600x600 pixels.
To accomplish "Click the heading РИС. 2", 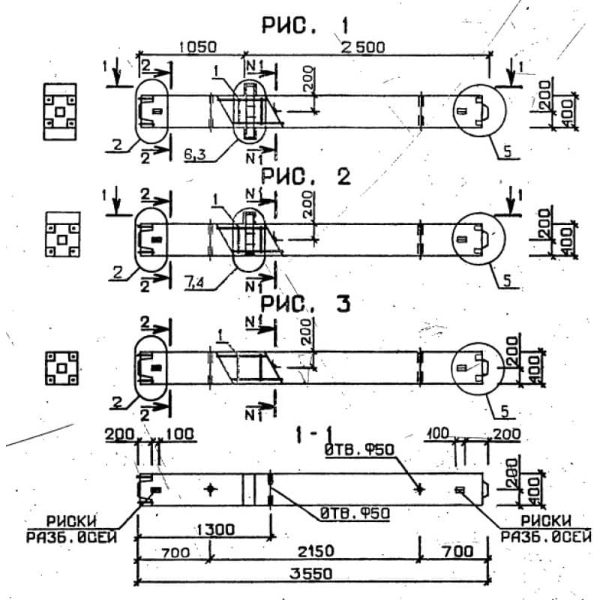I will [306, 178].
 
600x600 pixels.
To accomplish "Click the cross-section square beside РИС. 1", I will [58, 111].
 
